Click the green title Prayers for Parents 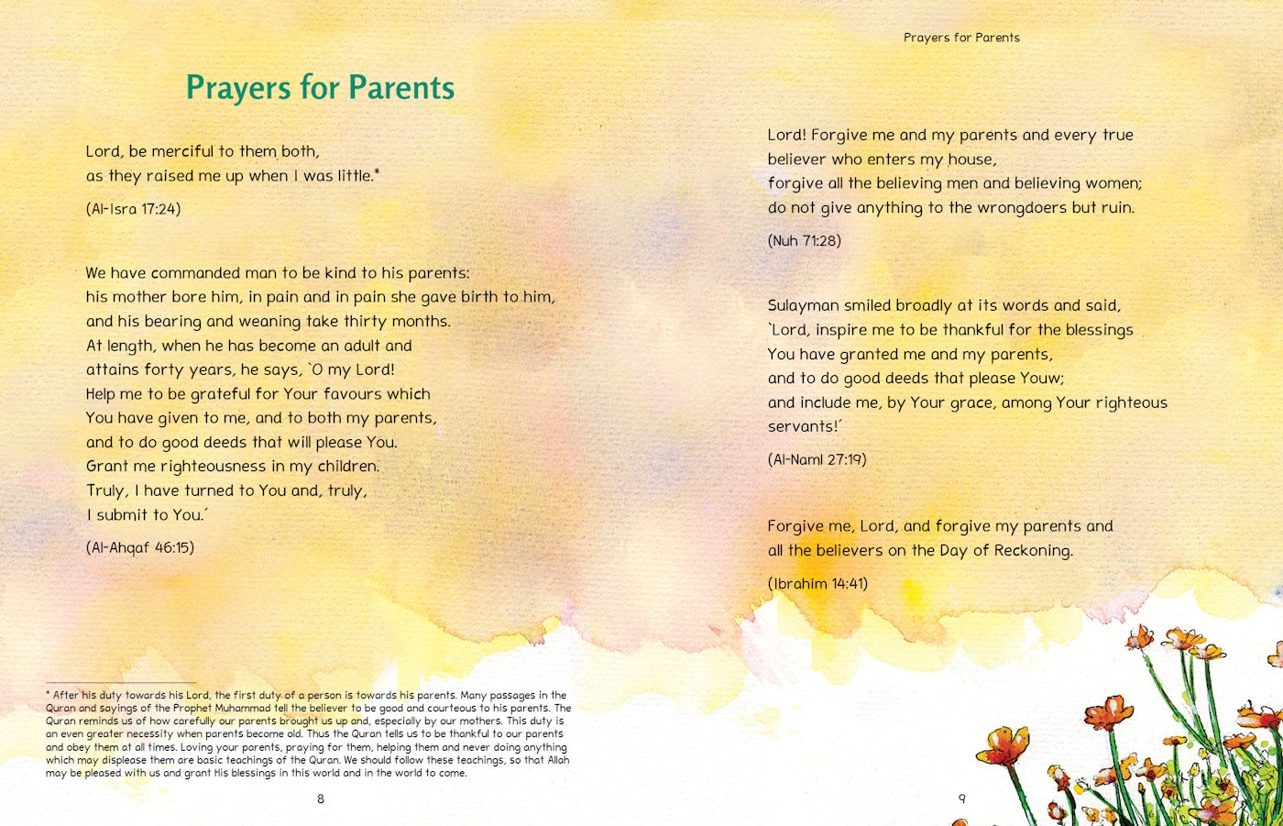320,88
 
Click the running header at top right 961,38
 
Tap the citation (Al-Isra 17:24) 134,209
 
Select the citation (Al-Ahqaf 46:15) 140,548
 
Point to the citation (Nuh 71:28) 804,241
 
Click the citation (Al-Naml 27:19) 817,459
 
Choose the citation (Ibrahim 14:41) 817,584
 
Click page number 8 321,798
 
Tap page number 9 961,798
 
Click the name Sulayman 803,306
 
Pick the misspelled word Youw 1039,379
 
